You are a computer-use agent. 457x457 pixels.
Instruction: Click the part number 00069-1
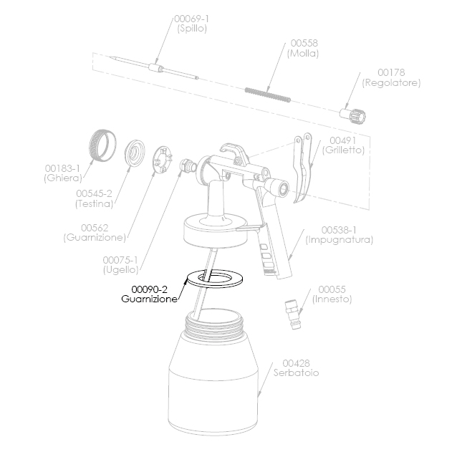[x=191, y=19]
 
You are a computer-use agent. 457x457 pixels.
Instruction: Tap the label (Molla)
[x=303, y=53]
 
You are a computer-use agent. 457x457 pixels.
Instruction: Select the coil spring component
[x=268, y=95]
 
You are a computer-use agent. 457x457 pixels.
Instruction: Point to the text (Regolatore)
[x=391, y=83]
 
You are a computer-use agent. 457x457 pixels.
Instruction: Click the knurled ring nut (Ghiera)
[x=102, y=145]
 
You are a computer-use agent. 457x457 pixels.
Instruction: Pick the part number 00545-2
[x=94, y=193]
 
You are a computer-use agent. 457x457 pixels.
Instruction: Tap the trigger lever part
[x=302, y=168]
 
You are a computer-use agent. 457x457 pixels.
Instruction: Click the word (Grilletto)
[x=343, y=150]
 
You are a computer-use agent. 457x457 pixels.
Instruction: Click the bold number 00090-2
[x=149, y=289]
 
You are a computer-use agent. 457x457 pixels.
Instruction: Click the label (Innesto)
[x=332, y=299]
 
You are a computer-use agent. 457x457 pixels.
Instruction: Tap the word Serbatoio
[x=296, y=372]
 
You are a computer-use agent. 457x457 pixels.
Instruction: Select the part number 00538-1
[x=339, y=230]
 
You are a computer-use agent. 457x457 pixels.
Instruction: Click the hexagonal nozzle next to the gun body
[x=188, y=166]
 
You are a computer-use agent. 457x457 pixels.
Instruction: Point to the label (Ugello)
[x=120, y=270]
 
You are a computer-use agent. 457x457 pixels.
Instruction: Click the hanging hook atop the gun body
[x=234, y=151]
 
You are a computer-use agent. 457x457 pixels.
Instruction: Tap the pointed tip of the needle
[x=111, y=57]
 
